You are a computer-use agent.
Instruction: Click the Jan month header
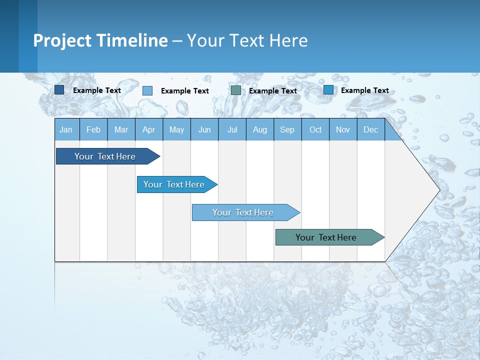coord(66,129)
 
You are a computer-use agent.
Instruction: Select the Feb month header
coord(93,129)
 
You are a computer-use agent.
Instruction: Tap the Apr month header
coord(148,129)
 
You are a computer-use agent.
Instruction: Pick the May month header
coord(176,129)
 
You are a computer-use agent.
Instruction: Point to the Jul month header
coord(232,129)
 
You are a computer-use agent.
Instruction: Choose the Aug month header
coord(259,129)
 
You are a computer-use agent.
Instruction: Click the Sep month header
coord(287,129)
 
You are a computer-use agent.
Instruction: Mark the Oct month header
coord(315,129)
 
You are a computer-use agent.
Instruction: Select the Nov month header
coord(342,129)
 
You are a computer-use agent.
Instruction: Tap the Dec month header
coord(370,129)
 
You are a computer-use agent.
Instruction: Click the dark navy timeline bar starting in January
coord(105,156)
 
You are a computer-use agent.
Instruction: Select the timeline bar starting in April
coord(174,184)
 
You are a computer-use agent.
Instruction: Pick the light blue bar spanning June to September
coord(243,212)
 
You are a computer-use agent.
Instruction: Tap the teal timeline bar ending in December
coord(326,237)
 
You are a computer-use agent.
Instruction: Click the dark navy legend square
coord(59,90)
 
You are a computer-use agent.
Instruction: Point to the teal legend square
coord(236,90)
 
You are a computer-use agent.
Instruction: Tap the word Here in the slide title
coord(288,40)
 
